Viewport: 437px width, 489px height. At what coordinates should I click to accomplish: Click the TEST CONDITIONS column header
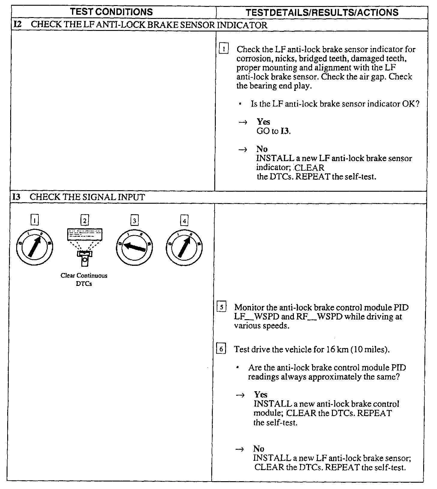click(x=111, y=12)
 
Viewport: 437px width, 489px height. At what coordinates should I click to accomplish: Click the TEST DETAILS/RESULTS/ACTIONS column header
click(x=322, y=12)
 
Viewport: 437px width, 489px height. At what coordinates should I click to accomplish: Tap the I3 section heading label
click(x=17, y=197)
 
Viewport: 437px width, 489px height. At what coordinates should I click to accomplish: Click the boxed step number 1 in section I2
click(x=224, y=49)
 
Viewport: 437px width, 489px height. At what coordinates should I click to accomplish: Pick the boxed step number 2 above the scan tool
click(x=85, y=221)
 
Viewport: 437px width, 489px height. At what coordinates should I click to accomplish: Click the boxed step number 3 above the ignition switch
click(x=134, y=221)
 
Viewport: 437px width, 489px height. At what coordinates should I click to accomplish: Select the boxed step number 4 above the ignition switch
click(x=184, y=221)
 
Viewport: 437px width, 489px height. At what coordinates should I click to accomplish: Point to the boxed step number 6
click(x=222, y=349)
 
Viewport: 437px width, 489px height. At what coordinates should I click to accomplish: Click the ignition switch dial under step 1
click(x=35, y=246)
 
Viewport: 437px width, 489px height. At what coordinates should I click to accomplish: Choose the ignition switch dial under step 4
click(x=184, y=246)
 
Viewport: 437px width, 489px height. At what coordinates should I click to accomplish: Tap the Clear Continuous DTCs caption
click(x=84, y=279)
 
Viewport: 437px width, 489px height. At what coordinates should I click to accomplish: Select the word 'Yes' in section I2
click(x=264, y=122)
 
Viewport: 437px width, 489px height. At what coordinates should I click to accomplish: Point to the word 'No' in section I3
click(x=259, y=449)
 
